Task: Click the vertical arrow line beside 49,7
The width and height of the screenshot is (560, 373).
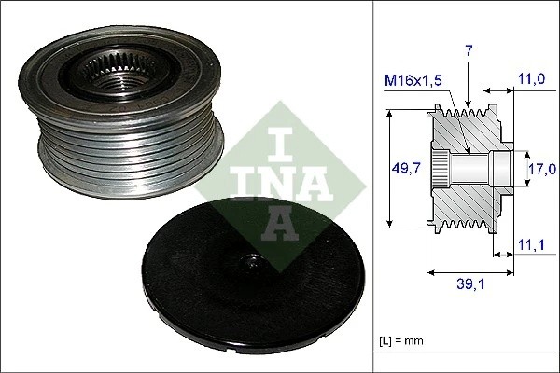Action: (x=390, y=169)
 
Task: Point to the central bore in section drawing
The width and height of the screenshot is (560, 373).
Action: (x=476, y=169)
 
